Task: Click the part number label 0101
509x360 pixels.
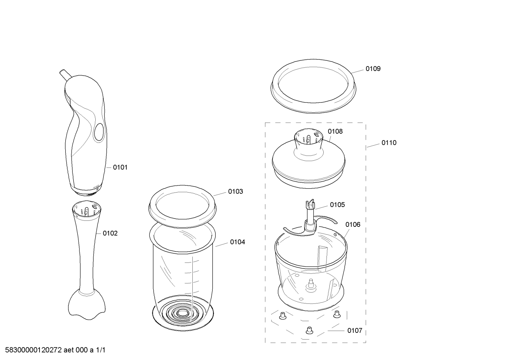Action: [x=120, y=167]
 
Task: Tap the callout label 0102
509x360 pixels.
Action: [x=110, y=233]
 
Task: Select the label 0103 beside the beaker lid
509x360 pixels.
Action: [x=236, y=191]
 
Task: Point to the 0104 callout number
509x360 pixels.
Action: [x=238, y=242]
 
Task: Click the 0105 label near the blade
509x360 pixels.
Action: [x=337, y=205]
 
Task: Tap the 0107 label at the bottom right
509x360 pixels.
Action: [x=355, y=330]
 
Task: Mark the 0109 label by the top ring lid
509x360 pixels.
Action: [x=373, y=69]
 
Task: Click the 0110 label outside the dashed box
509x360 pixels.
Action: [x=389, y=143]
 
